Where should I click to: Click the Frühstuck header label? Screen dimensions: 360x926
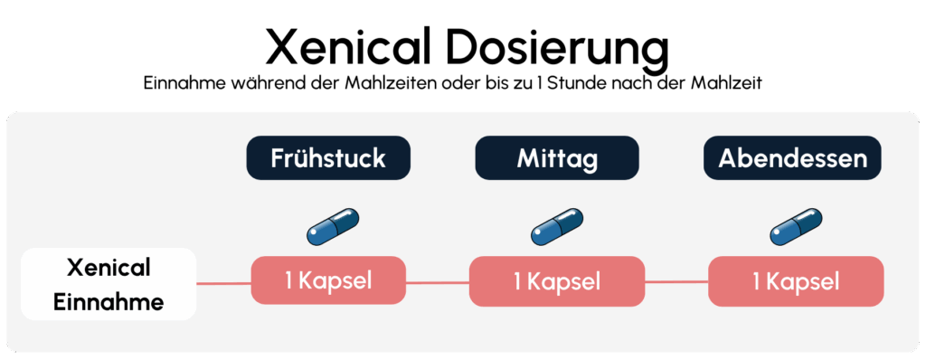(328, 158)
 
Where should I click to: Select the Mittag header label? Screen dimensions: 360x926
(557, 158)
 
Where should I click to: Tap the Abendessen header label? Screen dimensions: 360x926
(792, 158)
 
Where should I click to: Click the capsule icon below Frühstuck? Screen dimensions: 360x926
(333, 226)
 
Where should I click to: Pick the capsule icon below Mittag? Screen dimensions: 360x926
(557, 226)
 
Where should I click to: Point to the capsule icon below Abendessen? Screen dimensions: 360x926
(796, 226)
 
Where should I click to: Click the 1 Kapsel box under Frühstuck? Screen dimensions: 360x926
(328, 281)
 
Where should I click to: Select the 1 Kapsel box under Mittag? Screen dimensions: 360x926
(557, 281)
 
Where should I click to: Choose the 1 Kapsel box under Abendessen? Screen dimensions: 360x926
(796, 281)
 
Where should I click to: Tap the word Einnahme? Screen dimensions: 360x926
(109, 302)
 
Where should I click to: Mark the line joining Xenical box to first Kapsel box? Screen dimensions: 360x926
(223, 283)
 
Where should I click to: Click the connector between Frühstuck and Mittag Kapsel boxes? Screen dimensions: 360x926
(438, 282)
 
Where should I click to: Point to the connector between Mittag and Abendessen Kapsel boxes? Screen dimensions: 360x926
(676, 281)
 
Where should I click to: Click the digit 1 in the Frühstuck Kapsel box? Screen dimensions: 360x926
(288, 281)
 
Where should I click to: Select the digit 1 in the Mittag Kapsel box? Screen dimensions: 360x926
(517, 281)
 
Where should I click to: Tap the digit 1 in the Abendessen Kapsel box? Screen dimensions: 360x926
(756, 281)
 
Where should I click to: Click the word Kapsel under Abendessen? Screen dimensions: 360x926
(802, 281)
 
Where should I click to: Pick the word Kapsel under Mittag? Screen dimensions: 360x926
(563, 281)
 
